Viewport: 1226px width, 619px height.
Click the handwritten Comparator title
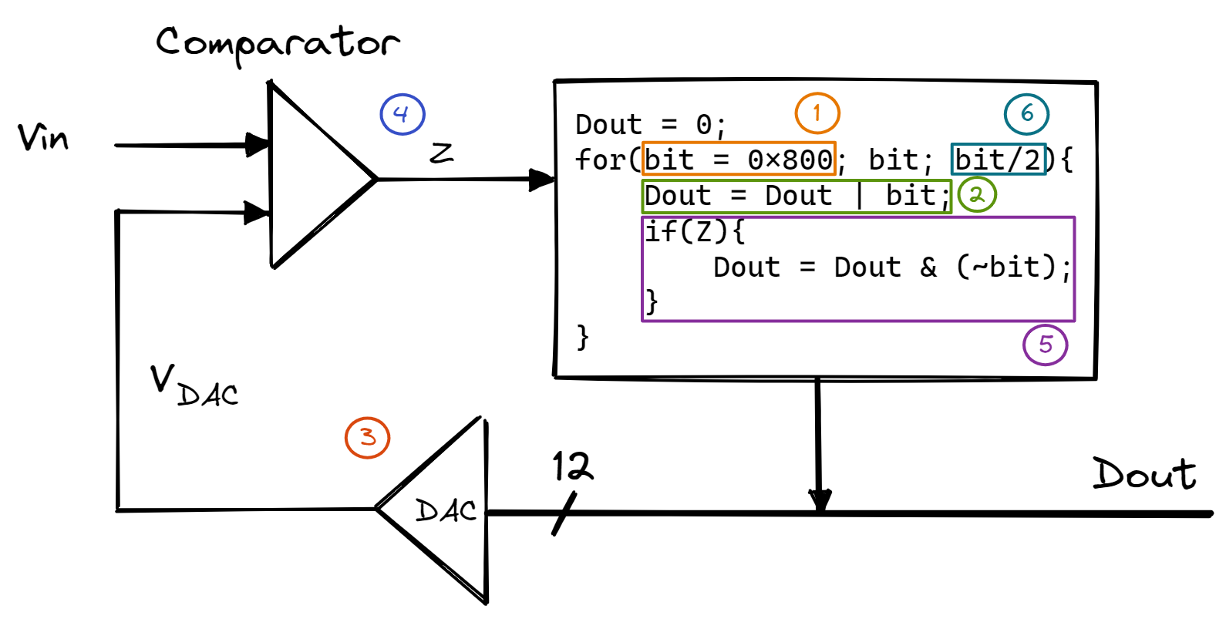click(x=278, y=43)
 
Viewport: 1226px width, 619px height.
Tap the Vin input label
click(x=43, y=139)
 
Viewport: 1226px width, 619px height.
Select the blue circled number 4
click(x=402, y=114)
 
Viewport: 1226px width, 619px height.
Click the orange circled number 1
click(x=817, y=113)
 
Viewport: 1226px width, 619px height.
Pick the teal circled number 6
click(x=1026, y=114)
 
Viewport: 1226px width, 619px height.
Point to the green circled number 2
click(x=977, y=194)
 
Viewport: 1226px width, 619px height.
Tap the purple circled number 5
click(x=1045, y=345)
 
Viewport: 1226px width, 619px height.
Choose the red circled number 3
click(x=367, y=437)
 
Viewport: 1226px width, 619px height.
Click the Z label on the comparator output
click(x=441, y=153)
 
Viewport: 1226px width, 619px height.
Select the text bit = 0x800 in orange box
click(x=739, y=160)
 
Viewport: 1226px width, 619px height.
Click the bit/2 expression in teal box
click(x=998, y=160)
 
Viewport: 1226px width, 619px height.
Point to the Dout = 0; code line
click(x=650, y=124)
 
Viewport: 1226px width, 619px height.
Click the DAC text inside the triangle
click(x=446, y=510)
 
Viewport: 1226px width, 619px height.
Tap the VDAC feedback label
click(x=194, y=385)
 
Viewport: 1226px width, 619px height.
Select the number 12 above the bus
click(x=572, y=467)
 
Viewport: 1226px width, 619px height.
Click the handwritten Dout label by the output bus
click(x=1144, y=474)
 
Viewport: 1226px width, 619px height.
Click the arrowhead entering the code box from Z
click(x=542, y=180)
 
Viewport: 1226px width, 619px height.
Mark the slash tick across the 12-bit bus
click(x=564, y=514)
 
